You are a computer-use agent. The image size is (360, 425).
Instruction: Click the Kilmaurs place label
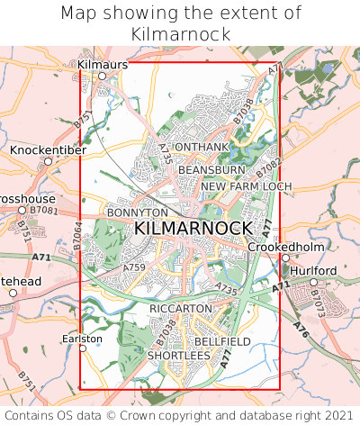click(103, 65)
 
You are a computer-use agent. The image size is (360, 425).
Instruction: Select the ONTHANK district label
click(201, 147)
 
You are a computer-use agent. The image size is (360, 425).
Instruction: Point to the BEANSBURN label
click(211, 169)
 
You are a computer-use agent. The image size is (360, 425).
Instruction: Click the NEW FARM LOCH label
click(247, 186)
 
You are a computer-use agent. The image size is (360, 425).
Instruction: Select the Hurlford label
click(313, 269)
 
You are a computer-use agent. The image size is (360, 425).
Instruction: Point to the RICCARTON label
click(180, 308)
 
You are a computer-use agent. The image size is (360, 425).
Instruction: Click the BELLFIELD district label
click(222, 342)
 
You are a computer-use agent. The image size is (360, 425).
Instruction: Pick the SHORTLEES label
click(178, 356)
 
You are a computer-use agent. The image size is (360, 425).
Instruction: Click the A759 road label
click(134, 267)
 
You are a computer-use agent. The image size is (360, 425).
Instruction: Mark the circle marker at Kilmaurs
click(102, 77)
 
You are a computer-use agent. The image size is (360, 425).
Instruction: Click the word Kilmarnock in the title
click(179, 34)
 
